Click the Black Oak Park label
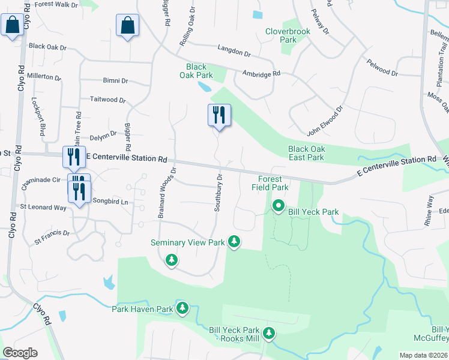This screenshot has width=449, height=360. tap(196, 71)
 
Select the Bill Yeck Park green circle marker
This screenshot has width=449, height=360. tap(279, 206)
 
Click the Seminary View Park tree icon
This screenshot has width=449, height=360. tap(234, 242)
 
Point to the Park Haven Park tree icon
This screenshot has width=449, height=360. tap(182, 308)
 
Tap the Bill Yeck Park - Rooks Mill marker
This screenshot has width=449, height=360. tap(270, 332)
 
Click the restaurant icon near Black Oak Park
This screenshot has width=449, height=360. tap(218, 114)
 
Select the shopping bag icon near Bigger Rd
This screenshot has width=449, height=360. tap(127, 25)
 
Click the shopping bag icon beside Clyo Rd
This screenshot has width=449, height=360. tap(11, 25)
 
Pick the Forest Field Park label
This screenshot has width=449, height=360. tap(273, 183)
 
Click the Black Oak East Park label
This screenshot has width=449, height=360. tap(306, 153)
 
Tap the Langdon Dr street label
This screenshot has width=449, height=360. tap(234, 53)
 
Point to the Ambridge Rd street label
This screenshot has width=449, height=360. tap(261, 74)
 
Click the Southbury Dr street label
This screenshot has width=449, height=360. tap(219, 193)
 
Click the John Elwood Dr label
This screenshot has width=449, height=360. tap(324, 121)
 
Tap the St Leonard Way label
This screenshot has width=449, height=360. tap(43, 208)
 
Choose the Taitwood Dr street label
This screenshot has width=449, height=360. tap(107, 100)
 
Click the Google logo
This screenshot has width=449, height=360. tap(20, 353)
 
